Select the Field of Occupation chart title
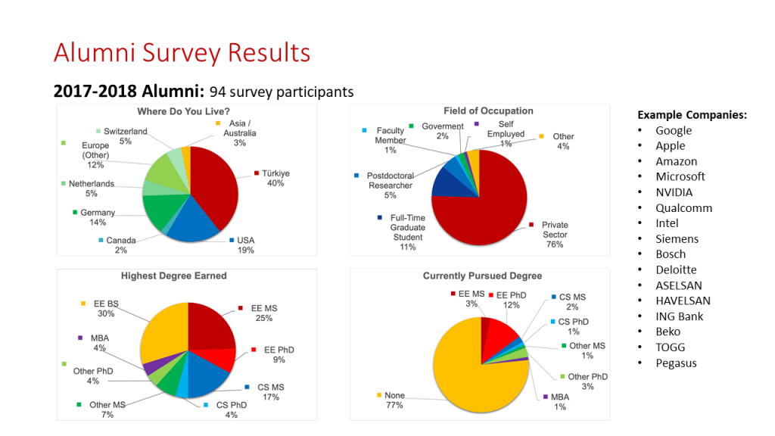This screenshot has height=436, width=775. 488,111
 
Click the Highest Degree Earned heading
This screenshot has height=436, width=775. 174,276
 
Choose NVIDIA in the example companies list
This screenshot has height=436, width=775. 674,192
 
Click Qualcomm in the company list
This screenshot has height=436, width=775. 683,208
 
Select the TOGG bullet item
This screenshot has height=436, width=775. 671,347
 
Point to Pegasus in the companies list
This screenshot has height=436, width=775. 676,363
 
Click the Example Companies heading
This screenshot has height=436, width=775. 692,115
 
